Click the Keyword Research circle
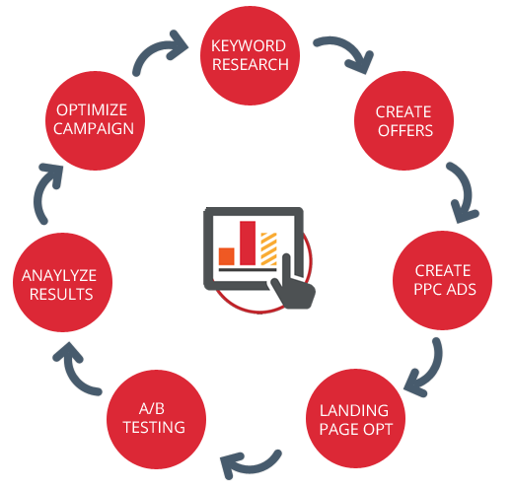(250, 55)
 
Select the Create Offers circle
(403, 120)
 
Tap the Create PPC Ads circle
(442, 280)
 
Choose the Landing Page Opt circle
(355, 418)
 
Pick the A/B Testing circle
(156, 419)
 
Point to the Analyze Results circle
(62, 282)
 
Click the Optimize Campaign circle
(95, 120)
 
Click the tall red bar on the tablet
(248, 244)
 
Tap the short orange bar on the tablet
(227, 256)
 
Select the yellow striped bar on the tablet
(268, 248)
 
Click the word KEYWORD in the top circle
(249, 45)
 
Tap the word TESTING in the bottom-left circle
(154, 427)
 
